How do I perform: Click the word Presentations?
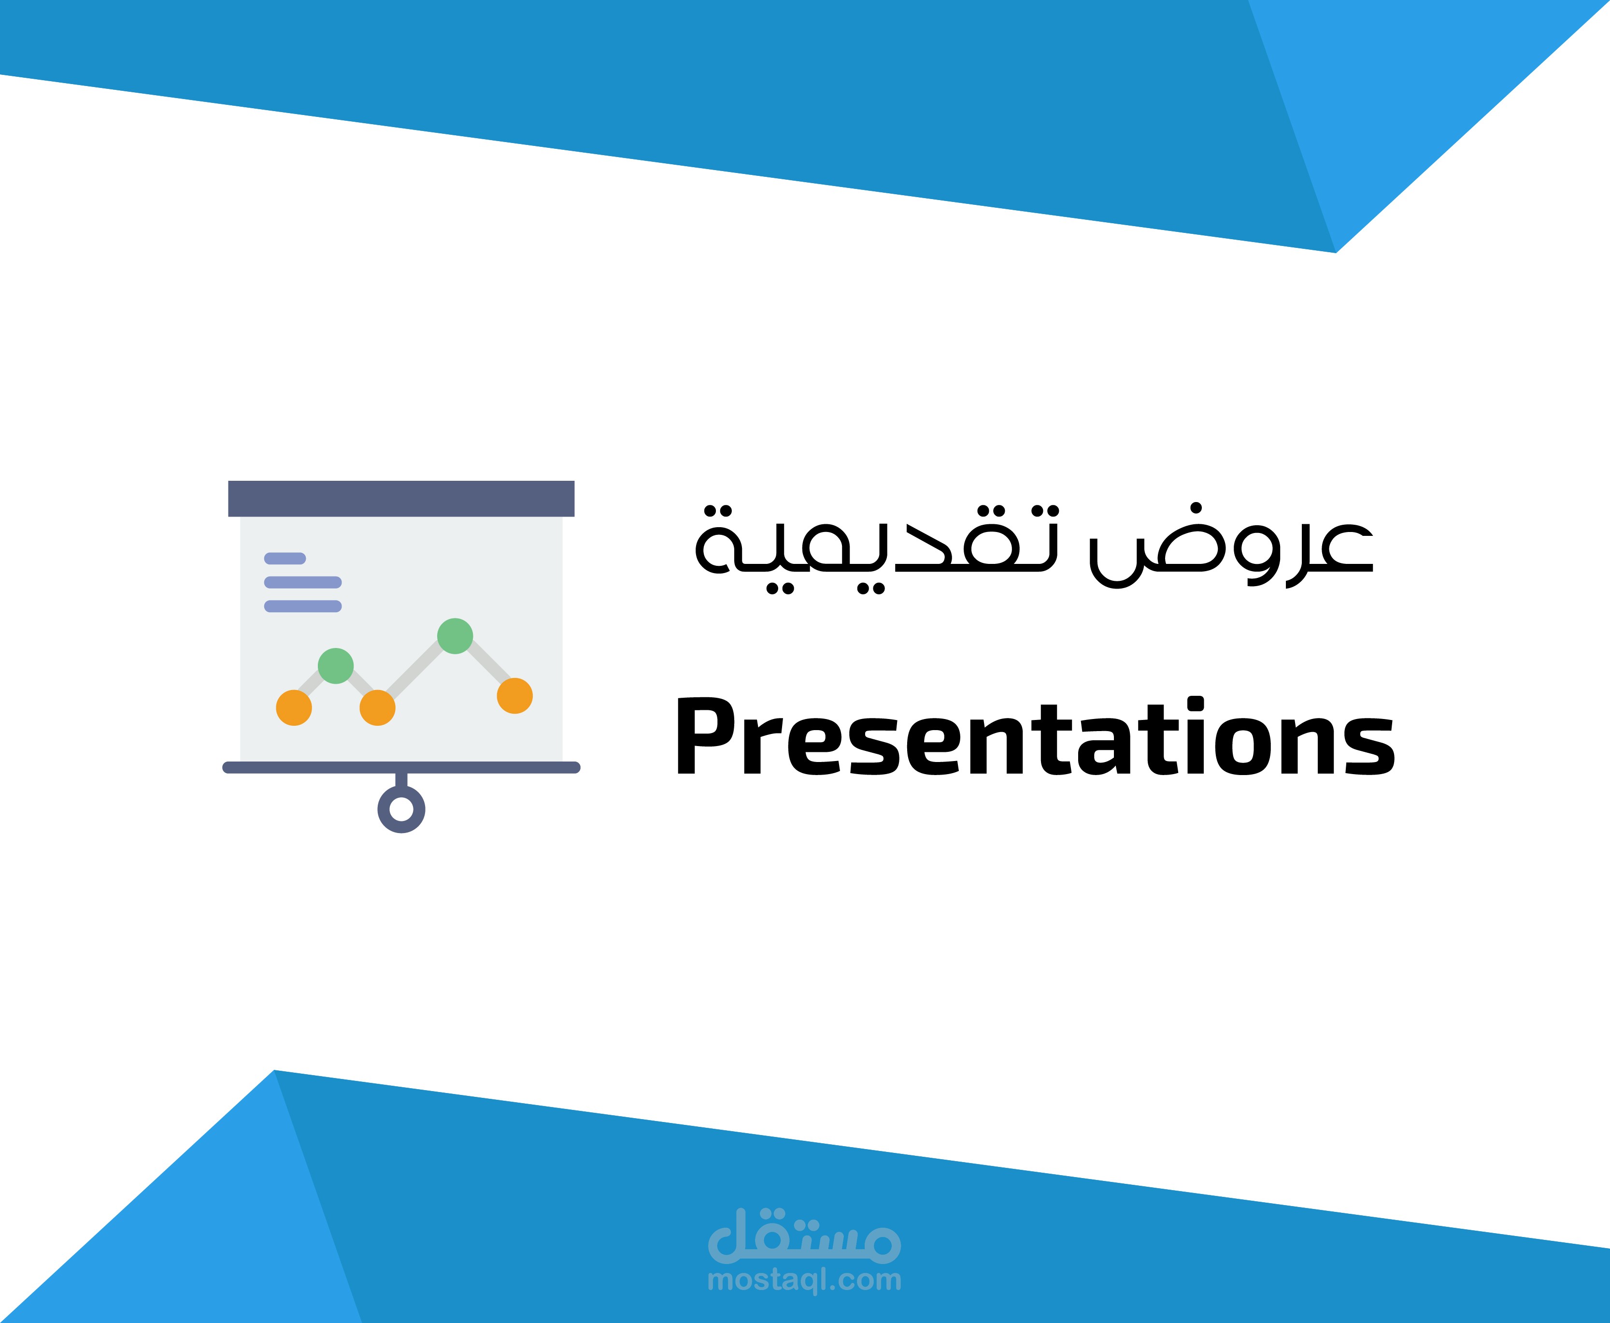coord(1035,738)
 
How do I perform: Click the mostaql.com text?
coord(804,1280)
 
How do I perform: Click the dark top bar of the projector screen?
coord(401,498)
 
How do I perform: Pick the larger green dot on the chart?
coord(455,635)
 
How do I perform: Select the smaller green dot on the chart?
coord(335,665)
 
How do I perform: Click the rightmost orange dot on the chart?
coord(514,695)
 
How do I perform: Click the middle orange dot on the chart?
coord(377,707)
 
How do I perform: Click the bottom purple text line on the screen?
coord(302,606)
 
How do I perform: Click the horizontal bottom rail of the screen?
coord(401,767)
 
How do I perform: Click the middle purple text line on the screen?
coord(302,582)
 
